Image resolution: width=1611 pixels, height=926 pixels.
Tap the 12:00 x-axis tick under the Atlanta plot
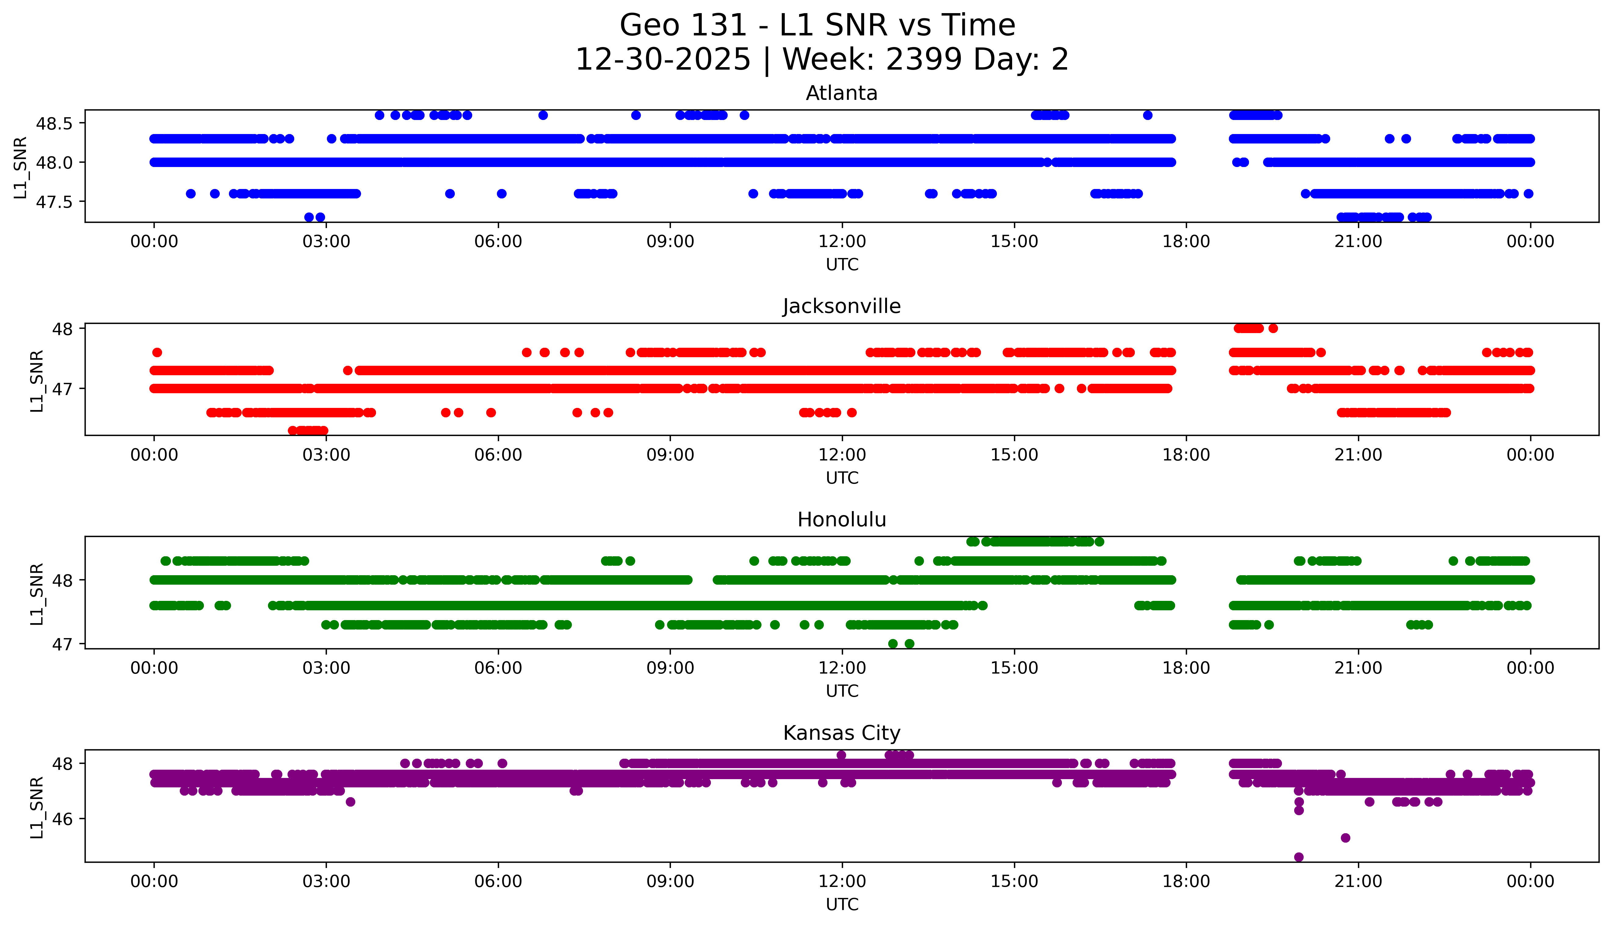coord(842,242)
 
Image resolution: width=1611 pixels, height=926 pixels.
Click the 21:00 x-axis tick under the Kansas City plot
coord(1358,881)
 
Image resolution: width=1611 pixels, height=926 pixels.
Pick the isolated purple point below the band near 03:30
coord(350,802)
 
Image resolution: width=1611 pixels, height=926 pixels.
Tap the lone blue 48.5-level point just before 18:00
coord(1148,115)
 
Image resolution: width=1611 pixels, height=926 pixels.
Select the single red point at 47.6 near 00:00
coord(157,352)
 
